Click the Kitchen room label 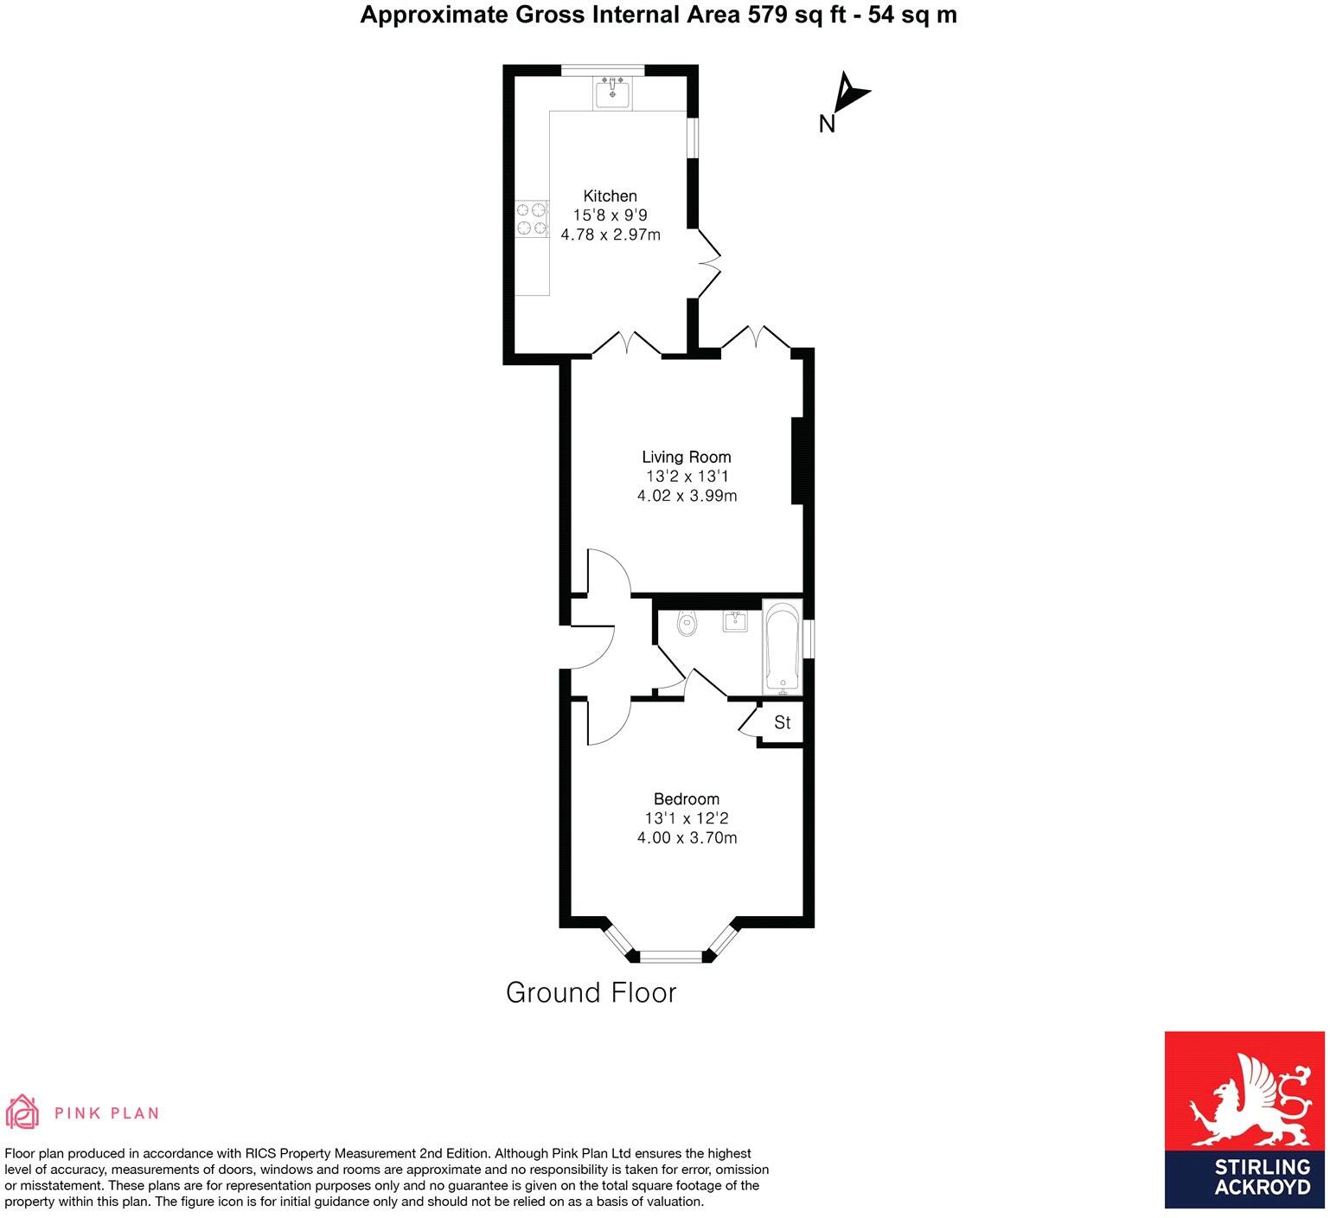[610, 196]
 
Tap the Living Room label [686, 457]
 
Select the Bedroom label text [686, 798]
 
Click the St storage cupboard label [782, 722]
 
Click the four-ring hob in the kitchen [532, 219]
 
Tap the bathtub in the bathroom [783, 646]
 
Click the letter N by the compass [827, 125]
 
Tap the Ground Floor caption [591, 992]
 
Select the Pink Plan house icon [22, 1112]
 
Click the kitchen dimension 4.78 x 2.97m [611, 234]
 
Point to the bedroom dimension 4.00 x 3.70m [687, 837]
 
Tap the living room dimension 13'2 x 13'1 [687, 477]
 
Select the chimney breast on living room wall [797, 460]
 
